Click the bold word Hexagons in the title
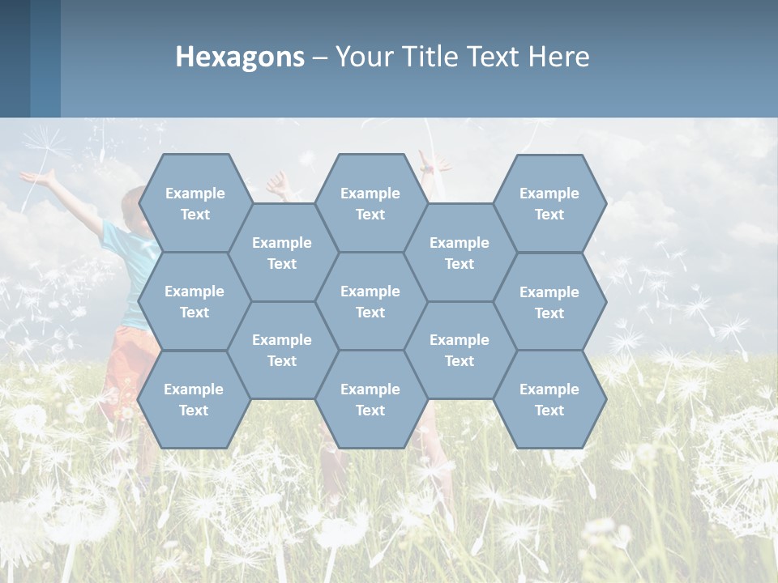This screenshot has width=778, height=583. coord(240,57)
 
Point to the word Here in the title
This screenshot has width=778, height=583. coord(559,57)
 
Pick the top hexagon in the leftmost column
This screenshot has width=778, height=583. coord(194,203)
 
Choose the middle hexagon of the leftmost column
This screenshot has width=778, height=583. coord(194,301)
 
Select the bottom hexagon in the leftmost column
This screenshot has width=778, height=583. coord(194,399)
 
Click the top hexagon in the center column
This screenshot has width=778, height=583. coord(370,203)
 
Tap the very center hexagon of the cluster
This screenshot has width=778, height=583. coord(370,301)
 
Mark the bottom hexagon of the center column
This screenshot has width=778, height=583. coord(370,399)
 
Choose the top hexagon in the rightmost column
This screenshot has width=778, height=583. coord(549,203)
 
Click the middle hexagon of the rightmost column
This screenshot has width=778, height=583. coord(549,302)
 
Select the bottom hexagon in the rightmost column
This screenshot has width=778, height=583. coord(549,399)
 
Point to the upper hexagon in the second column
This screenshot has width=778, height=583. coord(282,253)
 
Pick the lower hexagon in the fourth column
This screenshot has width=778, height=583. coord(460,350)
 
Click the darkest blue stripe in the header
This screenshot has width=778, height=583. coord(15,58)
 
